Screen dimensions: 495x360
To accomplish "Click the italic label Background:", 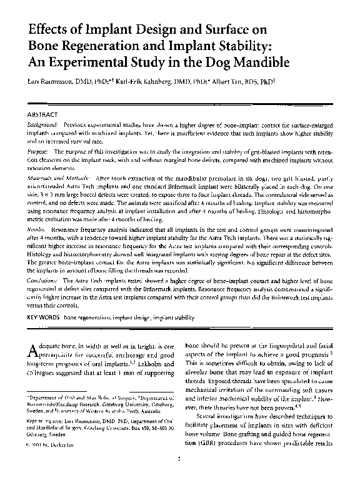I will (44, 125).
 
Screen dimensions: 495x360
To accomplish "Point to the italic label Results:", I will (38, 231).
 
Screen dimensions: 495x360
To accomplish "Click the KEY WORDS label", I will (44, 317).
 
